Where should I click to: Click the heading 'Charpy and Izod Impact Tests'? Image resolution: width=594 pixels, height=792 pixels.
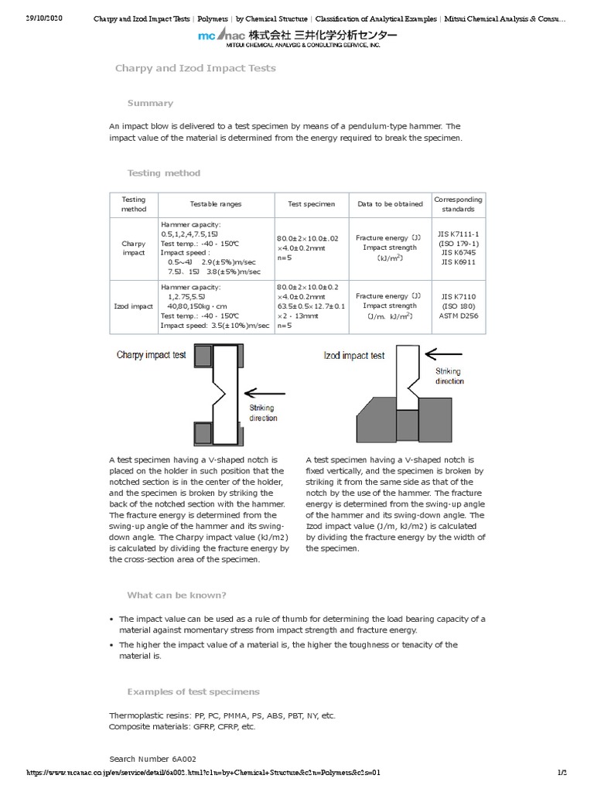coord(195,69)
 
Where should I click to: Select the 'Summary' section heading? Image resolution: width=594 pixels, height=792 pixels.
coord(150,104)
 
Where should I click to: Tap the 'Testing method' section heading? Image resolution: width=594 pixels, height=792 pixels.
coord(163,173)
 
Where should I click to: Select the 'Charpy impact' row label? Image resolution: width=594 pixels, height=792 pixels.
coord(134,248)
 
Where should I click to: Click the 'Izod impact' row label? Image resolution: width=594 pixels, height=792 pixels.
coord(134,306)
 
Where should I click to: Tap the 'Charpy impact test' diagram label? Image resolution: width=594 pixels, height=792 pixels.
coord(152,356)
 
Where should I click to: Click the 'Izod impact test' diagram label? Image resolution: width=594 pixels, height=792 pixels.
coord(353,356)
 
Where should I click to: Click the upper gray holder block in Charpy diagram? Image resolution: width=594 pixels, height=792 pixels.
coord(205,356)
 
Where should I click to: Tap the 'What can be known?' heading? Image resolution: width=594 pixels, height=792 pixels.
coord(176,596)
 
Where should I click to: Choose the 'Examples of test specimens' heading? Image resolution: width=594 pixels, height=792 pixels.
coord(193,691)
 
